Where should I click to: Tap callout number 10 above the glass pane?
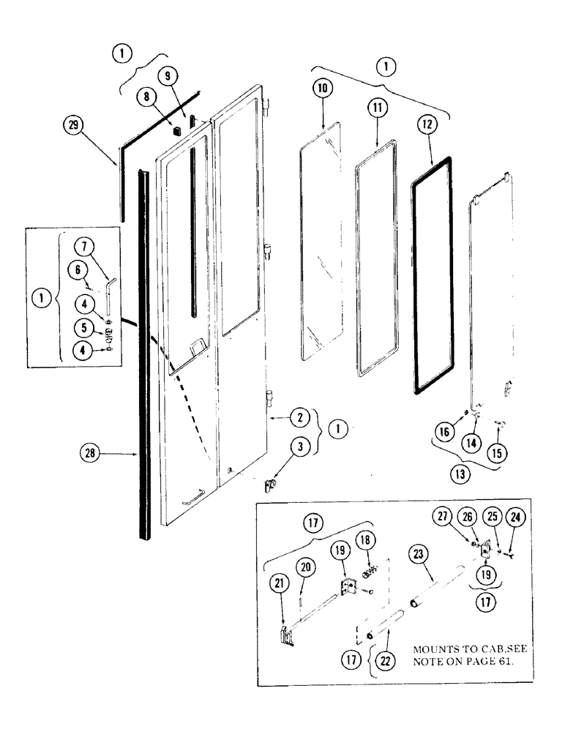[323, 88]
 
